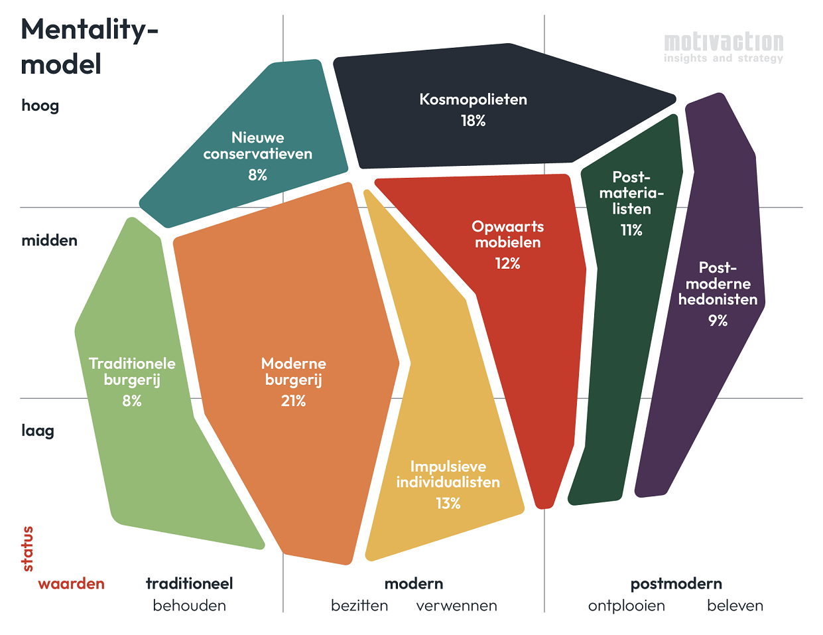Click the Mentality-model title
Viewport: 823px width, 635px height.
point(90,47)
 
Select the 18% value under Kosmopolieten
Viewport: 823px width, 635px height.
point(474,121)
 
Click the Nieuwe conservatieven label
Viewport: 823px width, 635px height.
point(258,146)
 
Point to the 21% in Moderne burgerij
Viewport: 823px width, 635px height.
point(293,401)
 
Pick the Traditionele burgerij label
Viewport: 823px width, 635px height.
point(132,372)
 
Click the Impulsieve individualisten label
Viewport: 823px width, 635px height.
point(448,474)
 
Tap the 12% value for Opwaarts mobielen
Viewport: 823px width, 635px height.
point(507,263)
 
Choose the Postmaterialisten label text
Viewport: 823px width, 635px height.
point(631,193)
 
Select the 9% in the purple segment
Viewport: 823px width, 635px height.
point(718,320)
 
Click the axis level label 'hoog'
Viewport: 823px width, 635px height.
point(40,106)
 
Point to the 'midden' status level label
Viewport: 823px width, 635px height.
point(49,240)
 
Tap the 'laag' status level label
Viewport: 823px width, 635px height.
point(38,431)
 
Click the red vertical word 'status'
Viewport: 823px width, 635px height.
point(27,549)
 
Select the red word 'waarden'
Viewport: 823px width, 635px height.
point(71,584)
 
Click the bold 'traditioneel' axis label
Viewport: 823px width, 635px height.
point(189,584)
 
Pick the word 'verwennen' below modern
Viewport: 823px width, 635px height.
point(456,606)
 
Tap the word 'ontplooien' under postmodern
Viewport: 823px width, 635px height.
point(626,606)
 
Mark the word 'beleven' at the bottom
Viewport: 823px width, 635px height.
point(735,606)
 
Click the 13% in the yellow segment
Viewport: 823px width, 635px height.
point(448,504)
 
